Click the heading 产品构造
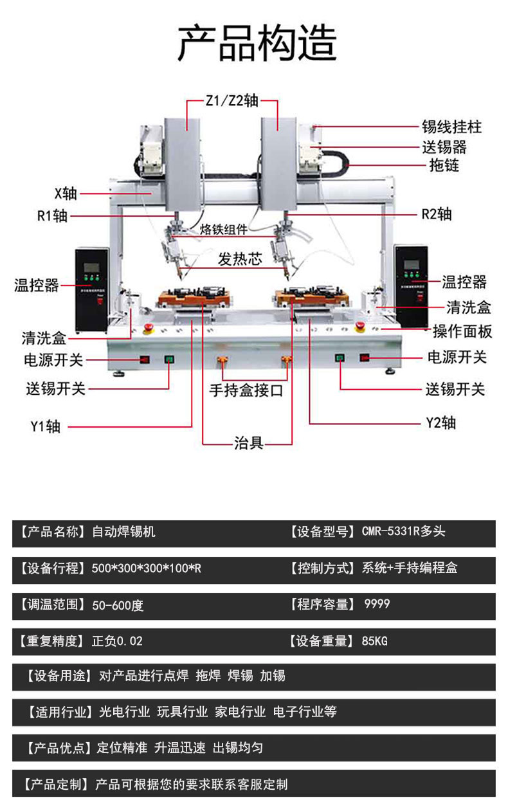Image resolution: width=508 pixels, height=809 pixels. coord(257,42)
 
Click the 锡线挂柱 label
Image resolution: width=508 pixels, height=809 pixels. coord(451,127)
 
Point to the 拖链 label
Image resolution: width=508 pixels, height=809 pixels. coord(444,165)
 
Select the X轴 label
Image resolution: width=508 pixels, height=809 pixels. coord(66,193)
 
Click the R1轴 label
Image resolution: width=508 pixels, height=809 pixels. coord(52,215)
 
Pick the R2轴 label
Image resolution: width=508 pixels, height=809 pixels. coord(437,214)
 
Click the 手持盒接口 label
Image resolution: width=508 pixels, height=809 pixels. coord(246,390)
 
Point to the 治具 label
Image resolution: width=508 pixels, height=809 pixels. coord(248,442)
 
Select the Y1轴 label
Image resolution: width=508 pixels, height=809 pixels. coord(45,426)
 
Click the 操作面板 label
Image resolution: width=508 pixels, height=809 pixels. coord(462,331)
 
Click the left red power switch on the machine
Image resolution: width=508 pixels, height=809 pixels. coord(145,359)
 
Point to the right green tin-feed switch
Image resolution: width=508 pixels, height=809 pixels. coord(340,357)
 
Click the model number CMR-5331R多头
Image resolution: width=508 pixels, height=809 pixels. coord(403,532)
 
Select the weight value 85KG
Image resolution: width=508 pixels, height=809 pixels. coord(375,641)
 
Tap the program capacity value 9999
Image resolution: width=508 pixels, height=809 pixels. coord(377,604)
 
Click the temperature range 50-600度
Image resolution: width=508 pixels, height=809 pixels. coord(118,604)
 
